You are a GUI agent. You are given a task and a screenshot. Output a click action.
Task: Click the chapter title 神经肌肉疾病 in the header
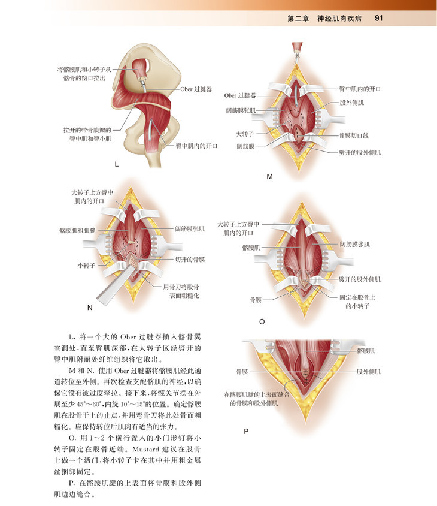point(339,18)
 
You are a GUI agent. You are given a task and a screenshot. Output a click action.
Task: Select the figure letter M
point(269,177)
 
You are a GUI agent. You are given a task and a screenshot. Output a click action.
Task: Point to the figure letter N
point(90,308)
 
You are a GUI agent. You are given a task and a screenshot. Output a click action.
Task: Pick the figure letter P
point(246,431)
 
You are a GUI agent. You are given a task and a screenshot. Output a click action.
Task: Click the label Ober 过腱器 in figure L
point(196,89)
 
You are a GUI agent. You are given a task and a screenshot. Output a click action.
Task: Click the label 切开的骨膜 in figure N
point(190,260)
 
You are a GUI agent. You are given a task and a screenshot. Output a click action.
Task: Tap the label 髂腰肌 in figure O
point(251,247)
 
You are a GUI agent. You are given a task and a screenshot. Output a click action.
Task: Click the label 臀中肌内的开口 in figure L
point(196,146)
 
